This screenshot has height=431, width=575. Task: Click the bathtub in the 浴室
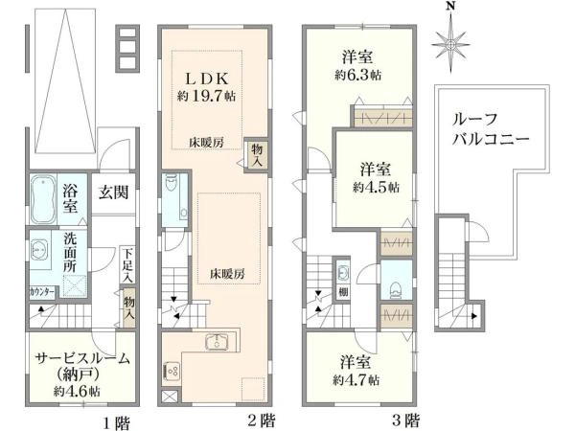pos(44,197)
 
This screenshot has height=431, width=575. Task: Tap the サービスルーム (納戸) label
pos(81,367)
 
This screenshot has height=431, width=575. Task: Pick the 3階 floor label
pos(405,420)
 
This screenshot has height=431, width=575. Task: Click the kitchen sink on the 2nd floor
pos(216,343)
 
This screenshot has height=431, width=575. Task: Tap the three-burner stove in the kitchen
pos(173,369)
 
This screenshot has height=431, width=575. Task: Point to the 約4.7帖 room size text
pos(357,379)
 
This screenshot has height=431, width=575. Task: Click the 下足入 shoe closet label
pos(128,264)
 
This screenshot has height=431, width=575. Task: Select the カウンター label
pos(39,290)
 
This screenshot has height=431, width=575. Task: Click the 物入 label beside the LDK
pos(258,154)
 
